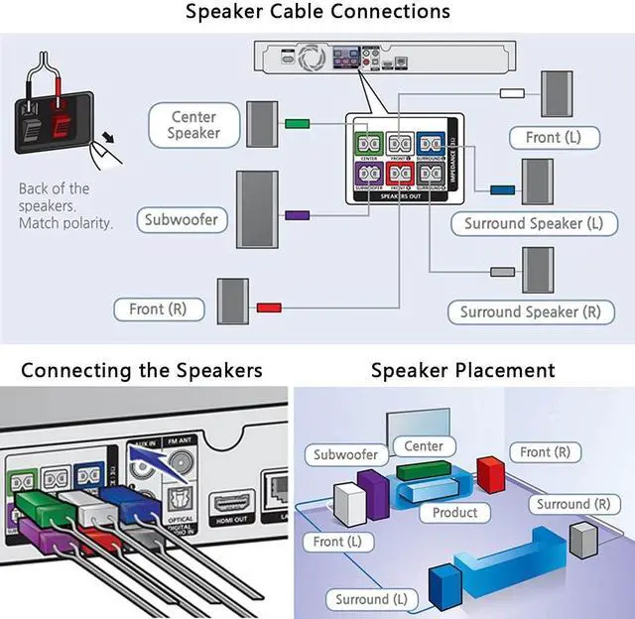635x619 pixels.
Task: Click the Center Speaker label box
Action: pos(193,125)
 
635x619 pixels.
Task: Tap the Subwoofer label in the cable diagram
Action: pos(181,219)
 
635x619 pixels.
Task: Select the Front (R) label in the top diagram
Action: pos(160,309)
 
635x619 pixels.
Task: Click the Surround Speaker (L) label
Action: pos(533,223)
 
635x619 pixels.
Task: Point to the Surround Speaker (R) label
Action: pos(530,311)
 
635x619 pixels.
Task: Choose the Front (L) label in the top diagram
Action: pos(554,137)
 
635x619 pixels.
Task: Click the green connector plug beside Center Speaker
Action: pos(298,124)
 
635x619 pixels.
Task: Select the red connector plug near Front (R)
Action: pos(269,308)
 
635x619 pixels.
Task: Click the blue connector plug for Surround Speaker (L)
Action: pos(502,188)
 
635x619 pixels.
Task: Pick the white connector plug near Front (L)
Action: pos(512,93)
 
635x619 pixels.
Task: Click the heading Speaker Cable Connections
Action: pos(317,13)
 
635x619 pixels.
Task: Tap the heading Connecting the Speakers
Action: pos(142,371)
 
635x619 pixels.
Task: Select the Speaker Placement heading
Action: pos(462,371)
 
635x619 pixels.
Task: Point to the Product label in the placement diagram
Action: pos(454,513)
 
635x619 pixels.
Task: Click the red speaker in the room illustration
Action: pos(491,474)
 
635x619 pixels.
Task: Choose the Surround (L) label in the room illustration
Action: pos(371,599)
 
